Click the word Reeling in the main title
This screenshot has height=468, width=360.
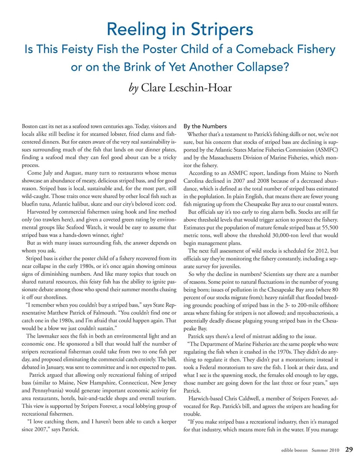pos(136,30)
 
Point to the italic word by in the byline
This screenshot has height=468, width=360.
pos(133,88)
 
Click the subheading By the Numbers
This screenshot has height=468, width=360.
pos(205,126)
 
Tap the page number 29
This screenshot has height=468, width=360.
pos(349,449)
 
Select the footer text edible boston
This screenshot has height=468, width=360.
pos(294,450)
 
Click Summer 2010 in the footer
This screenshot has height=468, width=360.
pos(325,450)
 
